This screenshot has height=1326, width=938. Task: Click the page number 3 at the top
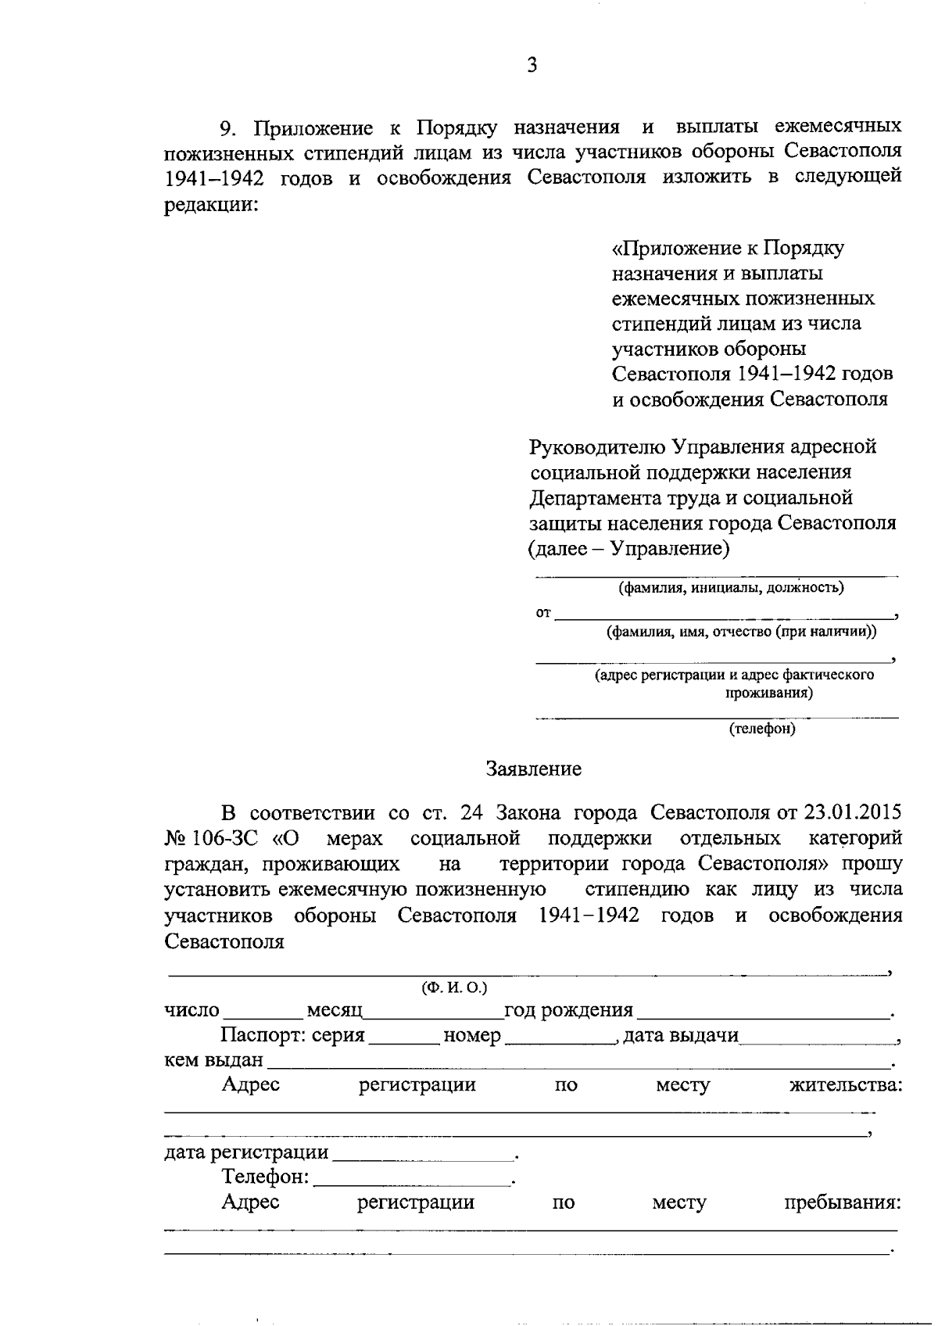532,65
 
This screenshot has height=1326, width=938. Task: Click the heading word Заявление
533,769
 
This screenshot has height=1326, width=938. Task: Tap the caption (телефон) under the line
762,729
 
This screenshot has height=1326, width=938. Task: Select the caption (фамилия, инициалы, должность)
730,587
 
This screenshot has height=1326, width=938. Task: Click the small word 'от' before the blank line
543,613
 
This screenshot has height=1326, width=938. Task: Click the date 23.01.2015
853,812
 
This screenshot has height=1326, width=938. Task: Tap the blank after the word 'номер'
560,1038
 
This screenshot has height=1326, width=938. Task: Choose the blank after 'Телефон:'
411,1179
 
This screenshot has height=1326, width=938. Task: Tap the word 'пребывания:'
843,1202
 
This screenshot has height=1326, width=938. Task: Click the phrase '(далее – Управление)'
629,548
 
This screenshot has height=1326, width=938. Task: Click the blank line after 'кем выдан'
578,1063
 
